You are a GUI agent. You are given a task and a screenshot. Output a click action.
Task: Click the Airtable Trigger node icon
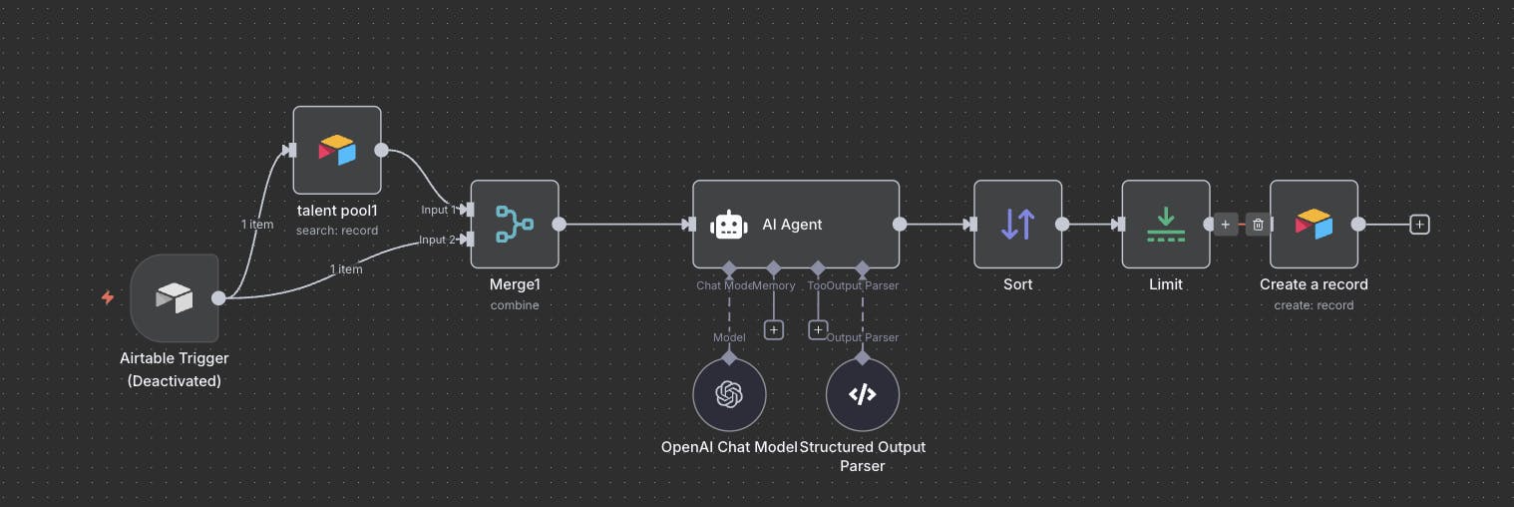175,297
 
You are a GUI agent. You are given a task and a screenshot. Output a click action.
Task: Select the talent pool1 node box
337,150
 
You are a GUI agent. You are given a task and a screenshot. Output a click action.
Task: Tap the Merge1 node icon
515,224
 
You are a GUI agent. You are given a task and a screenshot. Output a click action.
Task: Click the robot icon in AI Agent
728,225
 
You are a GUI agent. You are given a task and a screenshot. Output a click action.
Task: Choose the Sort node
1017,224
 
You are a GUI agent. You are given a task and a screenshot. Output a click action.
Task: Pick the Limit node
1165,224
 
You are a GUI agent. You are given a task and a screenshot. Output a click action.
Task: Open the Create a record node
1314,224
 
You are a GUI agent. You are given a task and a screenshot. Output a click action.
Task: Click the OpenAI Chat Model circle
729,394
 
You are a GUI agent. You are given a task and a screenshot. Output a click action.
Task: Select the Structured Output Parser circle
863,394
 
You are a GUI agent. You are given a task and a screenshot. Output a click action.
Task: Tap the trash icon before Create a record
1258,225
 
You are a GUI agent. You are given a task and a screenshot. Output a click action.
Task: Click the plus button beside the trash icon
1226,225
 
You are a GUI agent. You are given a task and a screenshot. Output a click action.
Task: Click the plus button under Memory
774,329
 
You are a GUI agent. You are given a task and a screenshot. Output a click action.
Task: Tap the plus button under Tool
818,329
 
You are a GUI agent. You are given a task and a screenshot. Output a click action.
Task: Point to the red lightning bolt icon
108,297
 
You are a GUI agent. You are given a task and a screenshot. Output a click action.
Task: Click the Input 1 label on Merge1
439,210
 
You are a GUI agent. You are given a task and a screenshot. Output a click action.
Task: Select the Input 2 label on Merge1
438,240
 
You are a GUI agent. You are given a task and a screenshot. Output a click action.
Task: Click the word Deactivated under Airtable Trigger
175,380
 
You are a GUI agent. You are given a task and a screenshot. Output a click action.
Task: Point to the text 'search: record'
337,231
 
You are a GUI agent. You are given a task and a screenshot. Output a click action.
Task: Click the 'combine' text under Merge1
515,304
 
